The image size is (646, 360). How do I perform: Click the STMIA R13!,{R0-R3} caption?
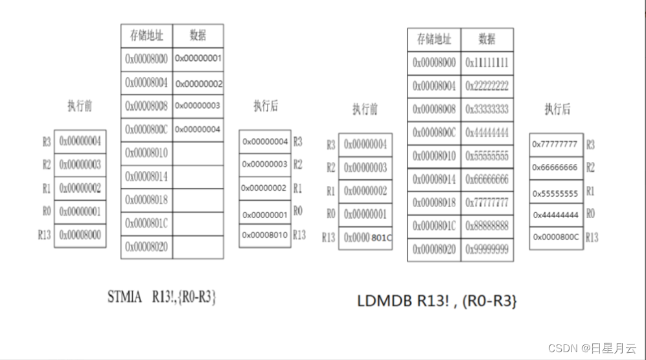(x=161, y=297)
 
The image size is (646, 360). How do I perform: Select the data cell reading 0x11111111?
(x=487, y=63)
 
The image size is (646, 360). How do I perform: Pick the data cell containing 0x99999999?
(x=487, y=249)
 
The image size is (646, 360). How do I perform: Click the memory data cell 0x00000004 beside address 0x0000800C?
(x=198, y=129)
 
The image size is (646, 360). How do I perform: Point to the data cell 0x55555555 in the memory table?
(x=487, y=157)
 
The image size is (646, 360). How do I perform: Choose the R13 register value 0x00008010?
(x=265, y=235)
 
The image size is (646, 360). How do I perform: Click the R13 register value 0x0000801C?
(x=365, y=238)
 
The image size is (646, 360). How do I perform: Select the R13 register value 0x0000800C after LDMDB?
(x=555, y=237)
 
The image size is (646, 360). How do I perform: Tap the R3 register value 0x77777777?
(x=555, y=144)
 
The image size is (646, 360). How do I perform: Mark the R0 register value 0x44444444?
(x=555, y=214)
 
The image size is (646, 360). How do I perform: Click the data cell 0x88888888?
(x=487, y=226)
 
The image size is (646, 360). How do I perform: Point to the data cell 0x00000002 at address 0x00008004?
(x=198, y=84)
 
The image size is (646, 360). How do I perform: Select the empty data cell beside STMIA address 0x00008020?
(x=198, y=247)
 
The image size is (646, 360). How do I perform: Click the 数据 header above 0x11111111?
(x=487, y=39)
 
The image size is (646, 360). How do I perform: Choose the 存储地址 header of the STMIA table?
(x=146, y=35)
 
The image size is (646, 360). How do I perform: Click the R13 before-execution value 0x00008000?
(x=80, y=235)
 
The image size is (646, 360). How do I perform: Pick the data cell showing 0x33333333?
(x=487, y=109)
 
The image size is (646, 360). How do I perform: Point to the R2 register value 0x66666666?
(x=555, y=168)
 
